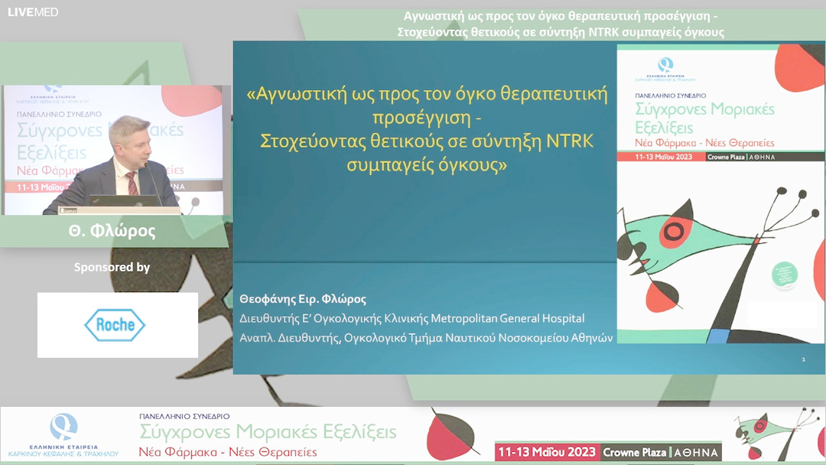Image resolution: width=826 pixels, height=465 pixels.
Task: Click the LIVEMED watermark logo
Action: [x=33, y=12]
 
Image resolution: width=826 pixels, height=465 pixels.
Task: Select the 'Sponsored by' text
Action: [x=112, y=268]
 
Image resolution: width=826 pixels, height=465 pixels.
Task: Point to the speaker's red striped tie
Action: [x=132, y=183]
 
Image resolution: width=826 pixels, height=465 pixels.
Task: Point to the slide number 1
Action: [x=803, y=359]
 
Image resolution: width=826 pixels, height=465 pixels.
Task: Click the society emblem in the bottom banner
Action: [x=63, y=428]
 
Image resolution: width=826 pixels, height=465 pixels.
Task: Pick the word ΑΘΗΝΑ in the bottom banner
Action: [x=696, y=452]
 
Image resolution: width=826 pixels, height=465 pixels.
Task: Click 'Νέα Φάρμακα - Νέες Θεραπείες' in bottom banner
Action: [x=229, y=452]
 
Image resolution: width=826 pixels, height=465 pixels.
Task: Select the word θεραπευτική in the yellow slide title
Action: [x=551, y=96]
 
